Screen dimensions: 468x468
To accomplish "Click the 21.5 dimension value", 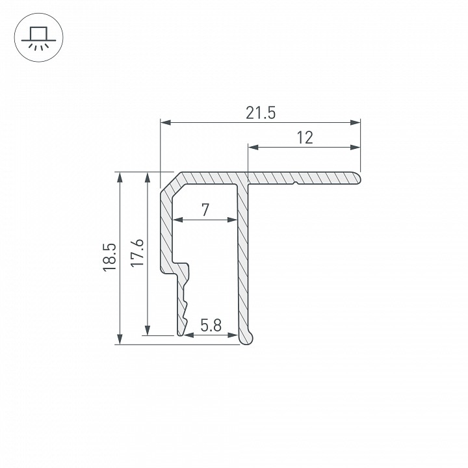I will [x=261, y=112].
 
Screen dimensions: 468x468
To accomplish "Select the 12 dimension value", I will [x=304, y=137].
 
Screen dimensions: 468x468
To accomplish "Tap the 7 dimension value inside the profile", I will [x=205, y=210].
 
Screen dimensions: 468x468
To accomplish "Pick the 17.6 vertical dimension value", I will [x=136, y=254].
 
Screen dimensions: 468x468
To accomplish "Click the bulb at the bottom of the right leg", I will [x=247, y=337].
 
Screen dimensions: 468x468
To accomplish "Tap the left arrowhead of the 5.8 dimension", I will [x=188, y=335].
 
